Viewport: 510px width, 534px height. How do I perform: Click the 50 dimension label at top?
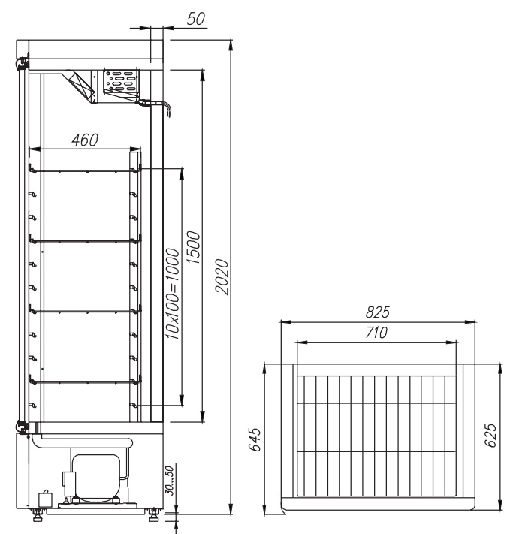point(196,19)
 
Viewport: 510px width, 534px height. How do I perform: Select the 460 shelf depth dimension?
point(85,140)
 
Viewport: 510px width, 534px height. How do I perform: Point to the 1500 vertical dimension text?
point(194,247)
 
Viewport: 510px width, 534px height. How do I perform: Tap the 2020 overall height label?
point(222,276)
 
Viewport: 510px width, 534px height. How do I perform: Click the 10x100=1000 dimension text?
point(172,294)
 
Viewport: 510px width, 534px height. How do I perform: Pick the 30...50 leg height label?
point(169,481)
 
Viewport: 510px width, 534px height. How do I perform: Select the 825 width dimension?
point(377,312)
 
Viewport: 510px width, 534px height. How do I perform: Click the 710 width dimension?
point(376,333)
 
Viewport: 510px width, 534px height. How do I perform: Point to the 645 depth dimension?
point(255,439)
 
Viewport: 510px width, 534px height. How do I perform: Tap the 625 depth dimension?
point(490,435)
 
